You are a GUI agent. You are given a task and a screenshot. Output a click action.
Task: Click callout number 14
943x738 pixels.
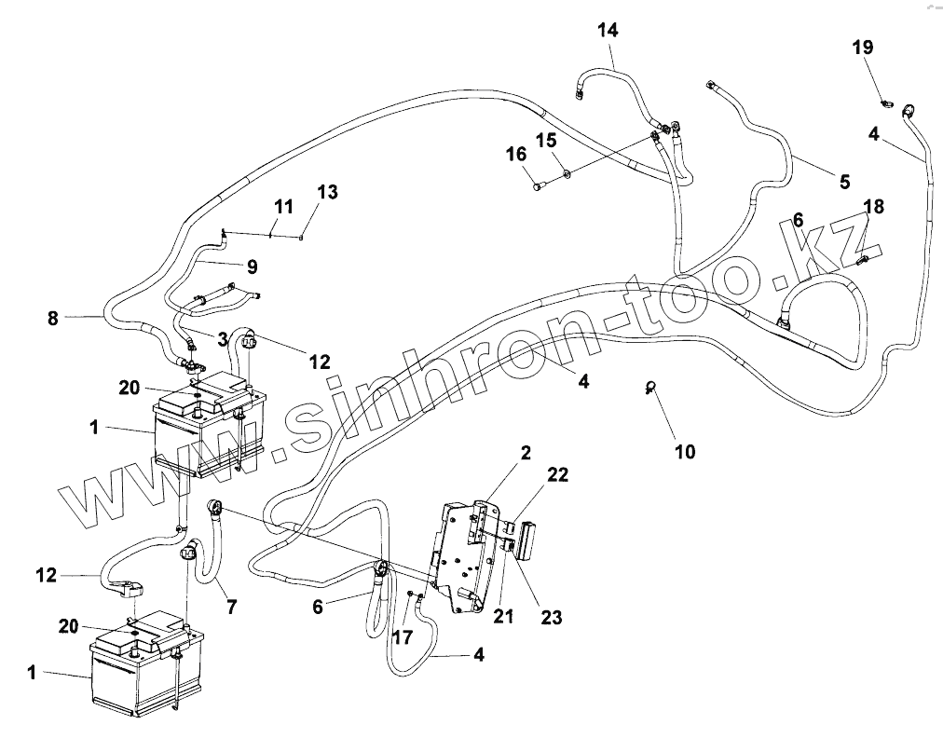[608, 31]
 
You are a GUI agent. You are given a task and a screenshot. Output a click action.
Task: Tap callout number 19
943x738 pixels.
[863, 48]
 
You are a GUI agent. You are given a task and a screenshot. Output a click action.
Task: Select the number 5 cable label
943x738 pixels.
[844, 182]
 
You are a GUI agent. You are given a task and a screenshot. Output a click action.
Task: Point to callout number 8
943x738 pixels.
[52, 319]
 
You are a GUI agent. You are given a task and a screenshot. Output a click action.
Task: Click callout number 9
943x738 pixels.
[252, 266]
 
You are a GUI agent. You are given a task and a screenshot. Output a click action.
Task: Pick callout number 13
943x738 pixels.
[326, 193]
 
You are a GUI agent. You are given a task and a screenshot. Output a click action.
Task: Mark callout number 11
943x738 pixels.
[283, 206]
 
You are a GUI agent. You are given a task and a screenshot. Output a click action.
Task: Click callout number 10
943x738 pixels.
[685, 453]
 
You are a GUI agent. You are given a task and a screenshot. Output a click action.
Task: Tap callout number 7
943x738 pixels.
[230, 607]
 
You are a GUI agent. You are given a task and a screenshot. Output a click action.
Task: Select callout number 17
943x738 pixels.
[403, 637]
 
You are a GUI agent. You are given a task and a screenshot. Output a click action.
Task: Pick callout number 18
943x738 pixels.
[874, 206]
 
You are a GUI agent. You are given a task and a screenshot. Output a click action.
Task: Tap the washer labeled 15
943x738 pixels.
[567, 172]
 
